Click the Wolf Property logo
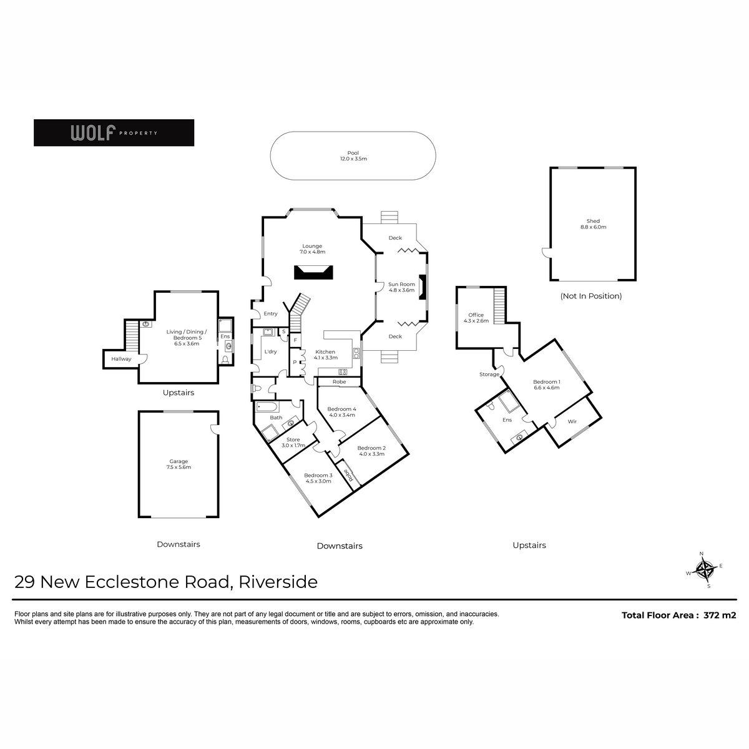click(x=114, y=132)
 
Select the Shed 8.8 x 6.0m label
click(x=593, y=224)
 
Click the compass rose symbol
click(x=704, y=570)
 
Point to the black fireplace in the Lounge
click(x=313, y=272)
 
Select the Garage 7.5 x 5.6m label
click(x=179, y=464)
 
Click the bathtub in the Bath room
click(x=267, y=407)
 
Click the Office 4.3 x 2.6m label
click(x=476, y=318)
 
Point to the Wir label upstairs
click(x=572, y=421)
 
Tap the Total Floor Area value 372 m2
click(x=720, y=615)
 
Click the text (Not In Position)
click(x=591, y=296)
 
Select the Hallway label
click(x=121, y=359)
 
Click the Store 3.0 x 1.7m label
click(x=293, y=443)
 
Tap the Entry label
click(x=270, y=314)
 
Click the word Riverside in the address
click(x=278, y=582)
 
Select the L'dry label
click(x=270, y=351)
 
